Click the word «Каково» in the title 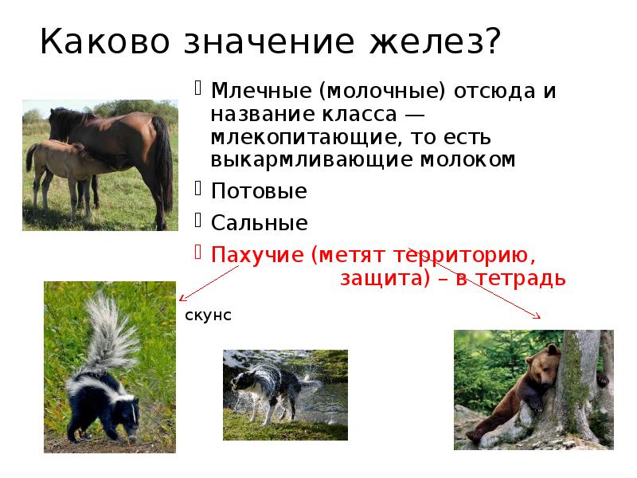click(x=96, y=41)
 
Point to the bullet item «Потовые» click(x=258, y=192)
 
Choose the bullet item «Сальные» click(x=259, y=223)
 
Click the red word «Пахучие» click(x=256, y=255)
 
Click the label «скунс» click(x=208, y=315)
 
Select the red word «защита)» click(x=379, y=279)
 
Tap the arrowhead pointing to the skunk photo click(x=182, y=299)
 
